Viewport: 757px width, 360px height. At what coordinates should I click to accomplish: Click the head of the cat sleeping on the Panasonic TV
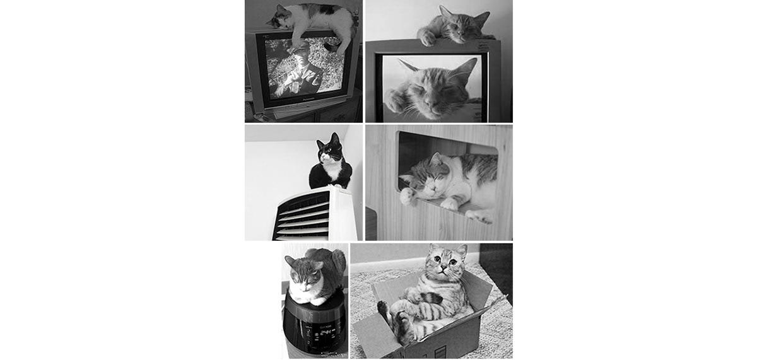(x=281, y=19)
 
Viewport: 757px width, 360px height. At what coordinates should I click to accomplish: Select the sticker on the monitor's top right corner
(x=487, y=37)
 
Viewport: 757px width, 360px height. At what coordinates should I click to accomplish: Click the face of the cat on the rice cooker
(x=302, y=272)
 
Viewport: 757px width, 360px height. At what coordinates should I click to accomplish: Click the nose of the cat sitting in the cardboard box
(x=442, y=264)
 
